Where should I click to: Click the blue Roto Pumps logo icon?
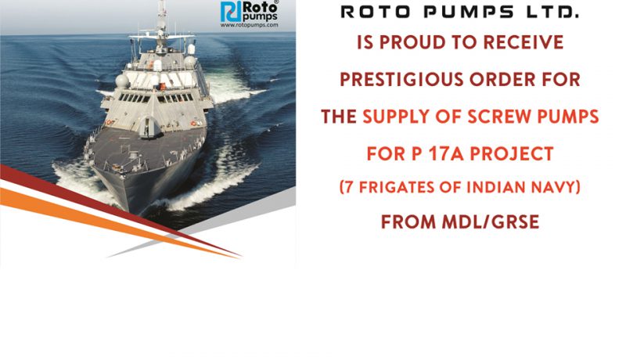pos(231,11)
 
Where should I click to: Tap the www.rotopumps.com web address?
pos(249,25)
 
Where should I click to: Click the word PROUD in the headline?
pos(412,42)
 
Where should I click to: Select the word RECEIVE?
pos(523,42)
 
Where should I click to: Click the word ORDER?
pos(502,79)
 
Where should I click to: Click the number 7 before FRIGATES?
pos(348,187)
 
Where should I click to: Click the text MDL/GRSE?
pos(491,222)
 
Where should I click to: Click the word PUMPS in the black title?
pos(468,13)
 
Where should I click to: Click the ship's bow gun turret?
pos(147,127)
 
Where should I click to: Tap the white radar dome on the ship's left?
pos(122,81)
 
